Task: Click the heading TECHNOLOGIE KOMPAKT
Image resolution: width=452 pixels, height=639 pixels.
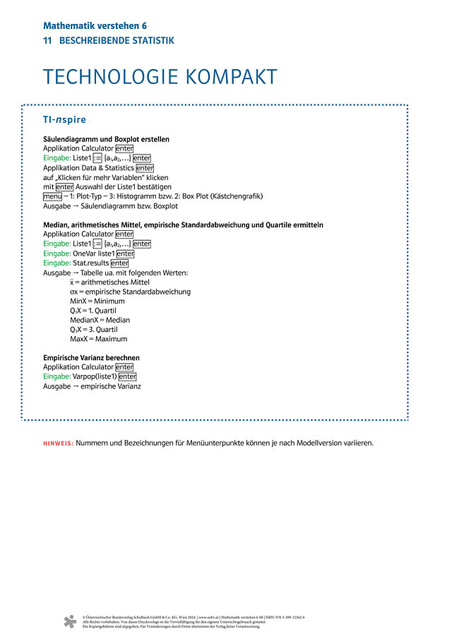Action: click(x=160, y=77)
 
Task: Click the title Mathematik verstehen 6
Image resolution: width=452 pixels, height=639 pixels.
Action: click(x=95, y=25)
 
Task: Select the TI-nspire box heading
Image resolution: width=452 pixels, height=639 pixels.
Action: click(x=64, y=119)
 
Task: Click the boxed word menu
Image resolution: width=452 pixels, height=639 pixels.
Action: click(x=52, y=196)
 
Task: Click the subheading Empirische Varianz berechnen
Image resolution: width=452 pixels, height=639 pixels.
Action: click(x=91, y=358)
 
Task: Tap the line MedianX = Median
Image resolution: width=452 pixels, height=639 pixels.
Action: click(x=100, y=320)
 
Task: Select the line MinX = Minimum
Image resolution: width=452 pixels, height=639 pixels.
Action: click(x=97, y=301)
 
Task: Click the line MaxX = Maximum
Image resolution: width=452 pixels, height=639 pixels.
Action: click(x=98, y=339)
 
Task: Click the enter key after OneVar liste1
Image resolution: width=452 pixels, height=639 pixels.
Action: click(x=125, y=253)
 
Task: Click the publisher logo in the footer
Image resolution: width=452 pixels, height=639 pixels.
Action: click(x=69, y=621)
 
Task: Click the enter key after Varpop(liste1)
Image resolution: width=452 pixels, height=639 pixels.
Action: click(x=127, y=377)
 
